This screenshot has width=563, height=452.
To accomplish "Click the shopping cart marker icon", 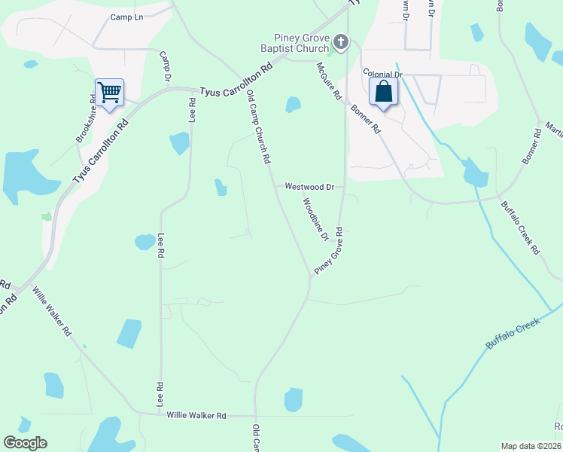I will [110, 93].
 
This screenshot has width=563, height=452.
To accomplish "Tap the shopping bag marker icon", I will [383, 93].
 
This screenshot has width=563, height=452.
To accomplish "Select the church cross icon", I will [342, 41].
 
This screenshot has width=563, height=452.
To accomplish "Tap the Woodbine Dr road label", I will [315, 219].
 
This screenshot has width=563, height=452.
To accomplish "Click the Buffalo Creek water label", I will [514, 333].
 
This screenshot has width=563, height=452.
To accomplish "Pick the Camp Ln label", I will [126, 17].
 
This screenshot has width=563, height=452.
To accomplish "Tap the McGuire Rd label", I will [329, 81].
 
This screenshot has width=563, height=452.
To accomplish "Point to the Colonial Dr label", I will [383, 74].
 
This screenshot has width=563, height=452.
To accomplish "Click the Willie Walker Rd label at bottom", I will [196, 415].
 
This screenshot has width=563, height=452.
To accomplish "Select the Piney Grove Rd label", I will [329, 250].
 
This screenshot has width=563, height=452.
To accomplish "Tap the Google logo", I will [25, 443].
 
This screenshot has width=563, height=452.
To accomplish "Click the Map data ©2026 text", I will [531, 445].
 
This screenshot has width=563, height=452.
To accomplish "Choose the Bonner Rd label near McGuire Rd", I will [366, 119].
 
